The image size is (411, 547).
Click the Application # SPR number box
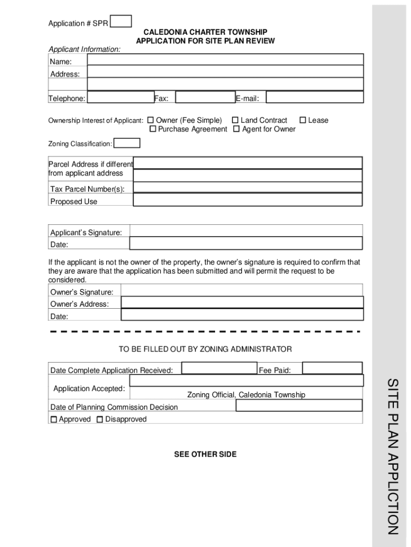[x=121, y=21]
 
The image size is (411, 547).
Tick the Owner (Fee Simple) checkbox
[x=151, y=120]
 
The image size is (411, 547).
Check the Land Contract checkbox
[x=235, y=120]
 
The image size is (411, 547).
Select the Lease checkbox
[x=303, y=120]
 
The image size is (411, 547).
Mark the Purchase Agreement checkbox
[x=153, y=129]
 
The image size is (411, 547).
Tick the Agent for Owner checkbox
[x=236, y=129]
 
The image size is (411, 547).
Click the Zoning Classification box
[x=127, y=143]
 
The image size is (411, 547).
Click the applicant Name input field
[x=225, y=60]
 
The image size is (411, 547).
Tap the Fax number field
[x=205, y=97]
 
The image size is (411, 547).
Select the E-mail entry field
[x=314, y=97]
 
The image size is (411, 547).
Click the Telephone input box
[x=120, y=97]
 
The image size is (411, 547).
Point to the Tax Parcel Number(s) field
[x=248, y=187]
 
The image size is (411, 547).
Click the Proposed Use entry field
[x=248, y=200]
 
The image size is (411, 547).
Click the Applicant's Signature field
[x=246, y=231]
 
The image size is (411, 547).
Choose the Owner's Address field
[x=242, y=302]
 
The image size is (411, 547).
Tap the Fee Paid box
[x=332, y=368]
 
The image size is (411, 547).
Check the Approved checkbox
[x=53, y=420]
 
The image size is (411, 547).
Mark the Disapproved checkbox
[x=100, y=420]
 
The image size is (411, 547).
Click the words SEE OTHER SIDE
[x=205, y=455]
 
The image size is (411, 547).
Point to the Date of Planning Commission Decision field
[x=299, y=405]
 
